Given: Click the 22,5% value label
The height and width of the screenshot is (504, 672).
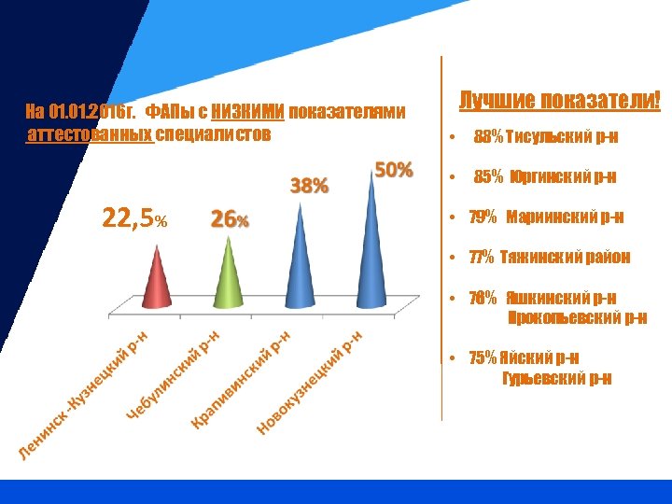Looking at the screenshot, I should point(134,220).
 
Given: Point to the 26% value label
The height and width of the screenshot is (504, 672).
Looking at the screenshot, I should point(230,220).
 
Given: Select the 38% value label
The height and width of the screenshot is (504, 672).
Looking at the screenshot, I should point(309,186).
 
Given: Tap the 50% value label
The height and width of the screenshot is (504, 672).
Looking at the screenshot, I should point(393,170).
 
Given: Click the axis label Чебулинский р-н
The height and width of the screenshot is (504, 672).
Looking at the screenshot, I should point(174,374).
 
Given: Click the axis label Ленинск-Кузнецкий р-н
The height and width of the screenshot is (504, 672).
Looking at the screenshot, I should point(85,397).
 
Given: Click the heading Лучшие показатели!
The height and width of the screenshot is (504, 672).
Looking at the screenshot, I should point(559,101).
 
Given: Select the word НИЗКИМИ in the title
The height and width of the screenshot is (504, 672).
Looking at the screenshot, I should point(247,113).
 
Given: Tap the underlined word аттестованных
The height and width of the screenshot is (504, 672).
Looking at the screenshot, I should point(91,134).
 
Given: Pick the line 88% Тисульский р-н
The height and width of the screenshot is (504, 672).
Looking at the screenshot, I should point(545,138).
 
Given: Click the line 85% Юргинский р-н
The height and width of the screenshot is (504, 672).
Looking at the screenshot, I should point(545,177).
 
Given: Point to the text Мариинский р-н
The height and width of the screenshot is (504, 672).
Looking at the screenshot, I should point(565,217).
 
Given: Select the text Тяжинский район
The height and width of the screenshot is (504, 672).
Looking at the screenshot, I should point(565,257).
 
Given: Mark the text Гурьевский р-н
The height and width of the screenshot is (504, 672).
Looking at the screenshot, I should point(557,378).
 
